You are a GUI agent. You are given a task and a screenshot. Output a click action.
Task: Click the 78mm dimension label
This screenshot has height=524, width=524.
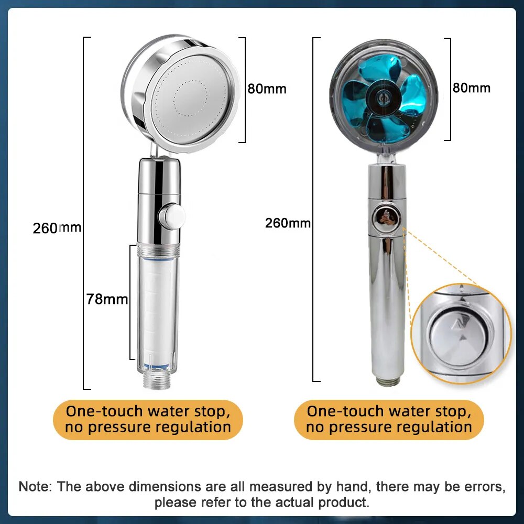pos(107,299)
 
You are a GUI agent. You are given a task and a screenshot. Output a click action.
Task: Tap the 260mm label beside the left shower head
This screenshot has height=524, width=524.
pos(57,228)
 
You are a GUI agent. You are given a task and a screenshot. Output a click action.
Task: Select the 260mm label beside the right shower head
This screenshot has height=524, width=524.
pos(288,223)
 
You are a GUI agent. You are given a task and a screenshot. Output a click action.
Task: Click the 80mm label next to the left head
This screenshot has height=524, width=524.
pos(267,89)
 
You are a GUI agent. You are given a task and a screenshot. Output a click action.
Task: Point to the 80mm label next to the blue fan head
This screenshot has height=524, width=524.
pos(472,88)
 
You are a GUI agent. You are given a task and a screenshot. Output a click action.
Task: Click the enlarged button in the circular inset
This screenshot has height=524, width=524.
pos(451,333)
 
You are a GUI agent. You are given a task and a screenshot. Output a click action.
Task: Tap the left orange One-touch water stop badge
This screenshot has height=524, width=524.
pos(148,419)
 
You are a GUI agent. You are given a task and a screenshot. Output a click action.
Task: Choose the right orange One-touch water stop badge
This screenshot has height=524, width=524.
pos(389,419)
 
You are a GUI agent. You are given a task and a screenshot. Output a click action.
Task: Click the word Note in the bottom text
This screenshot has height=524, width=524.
pos(35,486)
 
